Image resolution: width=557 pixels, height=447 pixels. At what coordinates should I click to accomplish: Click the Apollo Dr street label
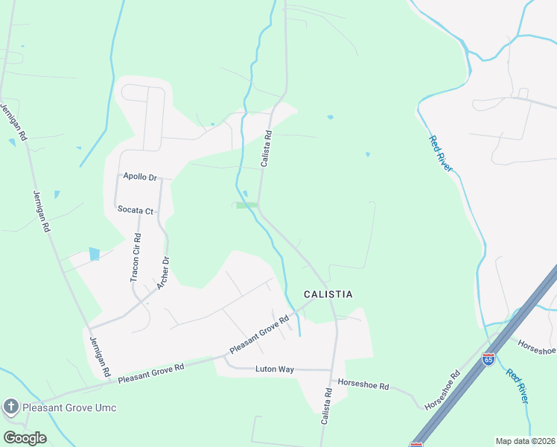139,177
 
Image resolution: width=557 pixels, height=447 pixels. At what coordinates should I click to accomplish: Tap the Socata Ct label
136,210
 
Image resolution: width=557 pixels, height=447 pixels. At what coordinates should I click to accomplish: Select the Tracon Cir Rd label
136,258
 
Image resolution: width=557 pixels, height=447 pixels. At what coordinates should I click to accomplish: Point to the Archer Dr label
162,273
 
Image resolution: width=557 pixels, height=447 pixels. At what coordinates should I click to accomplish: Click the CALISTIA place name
328,295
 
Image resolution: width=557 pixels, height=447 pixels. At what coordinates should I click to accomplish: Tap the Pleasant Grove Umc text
69,408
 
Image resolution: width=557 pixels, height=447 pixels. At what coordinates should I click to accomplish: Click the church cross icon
10,407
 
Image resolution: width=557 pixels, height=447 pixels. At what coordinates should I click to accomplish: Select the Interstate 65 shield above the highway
488,359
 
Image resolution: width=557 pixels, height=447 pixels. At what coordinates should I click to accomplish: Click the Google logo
25,438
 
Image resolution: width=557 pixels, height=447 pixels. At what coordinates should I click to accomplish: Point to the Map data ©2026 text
524,441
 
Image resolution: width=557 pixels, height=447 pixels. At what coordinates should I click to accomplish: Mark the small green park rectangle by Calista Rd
247,206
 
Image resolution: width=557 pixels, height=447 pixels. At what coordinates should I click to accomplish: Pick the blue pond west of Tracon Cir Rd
94,254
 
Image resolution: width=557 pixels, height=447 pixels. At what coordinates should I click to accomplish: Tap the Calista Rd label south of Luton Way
326,407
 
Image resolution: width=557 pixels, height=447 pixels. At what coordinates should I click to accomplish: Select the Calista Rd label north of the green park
267,148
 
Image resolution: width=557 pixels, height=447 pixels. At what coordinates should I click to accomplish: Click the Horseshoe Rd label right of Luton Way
363,386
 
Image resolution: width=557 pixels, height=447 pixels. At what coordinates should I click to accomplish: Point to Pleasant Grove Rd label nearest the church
150,374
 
